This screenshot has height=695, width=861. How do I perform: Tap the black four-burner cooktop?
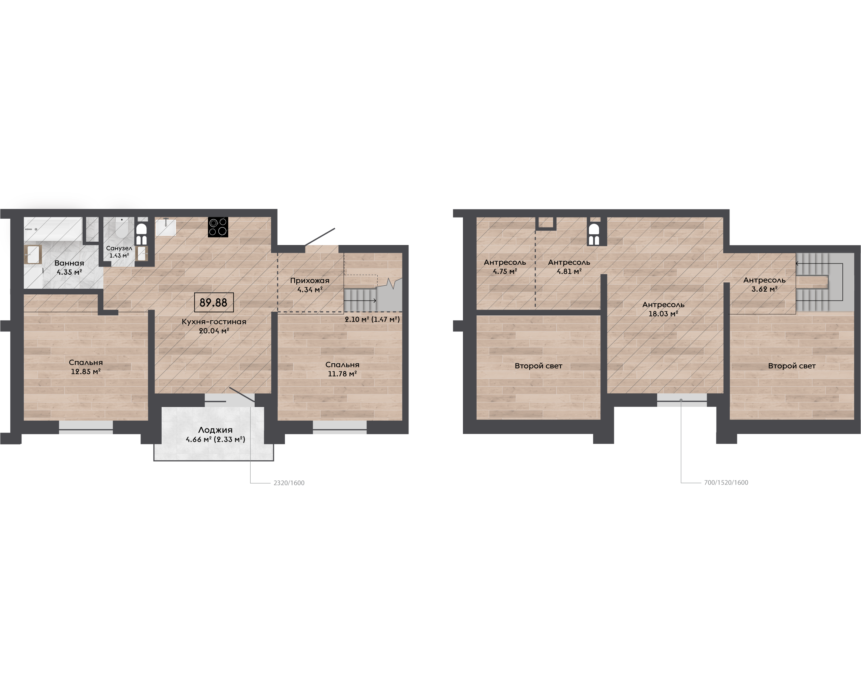pos(218,227)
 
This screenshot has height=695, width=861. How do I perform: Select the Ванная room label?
pos(69,263)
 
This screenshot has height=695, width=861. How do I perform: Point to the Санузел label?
pos(119,248)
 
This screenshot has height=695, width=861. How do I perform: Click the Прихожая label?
pos(310,281)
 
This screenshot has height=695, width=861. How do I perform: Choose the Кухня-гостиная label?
pos(214,321)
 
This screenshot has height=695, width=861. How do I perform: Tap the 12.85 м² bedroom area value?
pos(86,371)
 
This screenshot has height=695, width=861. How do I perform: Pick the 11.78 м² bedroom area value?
pos(342,374)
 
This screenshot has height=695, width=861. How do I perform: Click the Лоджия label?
pos(215,430)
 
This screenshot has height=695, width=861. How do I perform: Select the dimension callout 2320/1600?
pos(289,483)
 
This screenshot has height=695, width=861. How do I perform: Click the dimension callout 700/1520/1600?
pos(726,482)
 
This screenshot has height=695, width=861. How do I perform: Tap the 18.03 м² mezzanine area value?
pos(663,314)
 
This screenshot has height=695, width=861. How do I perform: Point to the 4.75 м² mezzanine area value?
pos(505,271)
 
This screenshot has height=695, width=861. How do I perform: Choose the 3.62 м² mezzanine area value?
pos(765,289)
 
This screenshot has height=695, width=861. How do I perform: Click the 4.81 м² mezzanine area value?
pos(569,271)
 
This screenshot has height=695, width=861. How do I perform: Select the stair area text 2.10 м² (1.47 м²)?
pos(372,320)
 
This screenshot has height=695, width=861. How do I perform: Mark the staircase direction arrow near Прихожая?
pos(360,301)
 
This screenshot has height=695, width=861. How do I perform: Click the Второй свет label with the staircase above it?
pos(792,366)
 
